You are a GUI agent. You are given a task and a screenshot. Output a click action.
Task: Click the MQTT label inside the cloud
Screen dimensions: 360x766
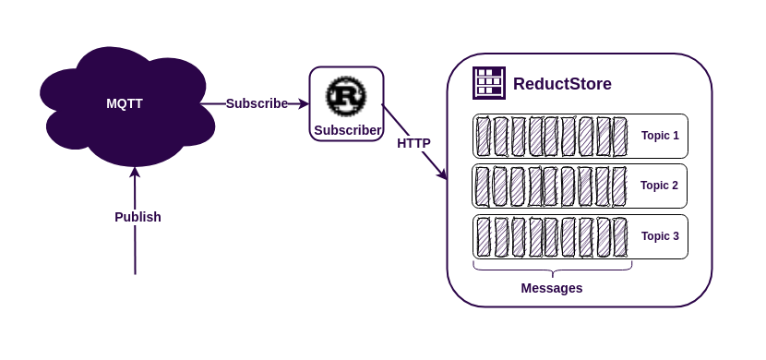pyautogui.click(x=125, y=103)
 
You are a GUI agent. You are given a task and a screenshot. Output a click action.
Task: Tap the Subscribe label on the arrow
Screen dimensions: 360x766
pyautogui.click(x=257, y=103)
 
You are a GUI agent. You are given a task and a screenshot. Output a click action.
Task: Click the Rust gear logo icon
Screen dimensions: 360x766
pyautogui.click(x=346, y=96)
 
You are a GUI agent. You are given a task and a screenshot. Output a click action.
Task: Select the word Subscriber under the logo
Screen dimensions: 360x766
pyautogui.click(x=347, y=130)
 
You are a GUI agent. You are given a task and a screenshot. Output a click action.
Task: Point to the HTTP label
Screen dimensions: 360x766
pyautogui.click(x=413, y=143)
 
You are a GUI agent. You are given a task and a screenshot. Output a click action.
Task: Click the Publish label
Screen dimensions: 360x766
pyautogui.click(x=138, y=217)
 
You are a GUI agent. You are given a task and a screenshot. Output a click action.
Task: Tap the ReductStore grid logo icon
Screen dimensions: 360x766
pyautogui.click(x=488, y=83)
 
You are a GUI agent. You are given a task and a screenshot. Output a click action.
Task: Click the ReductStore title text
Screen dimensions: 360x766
pyautogui.click(x=562, y=84)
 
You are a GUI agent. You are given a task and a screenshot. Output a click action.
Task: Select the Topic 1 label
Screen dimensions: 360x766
pyautogui.click(x=660, y=136)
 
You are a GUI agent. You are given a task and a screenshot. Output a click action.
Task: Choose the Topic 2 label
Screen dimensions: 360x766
pyautogui.click(x=659, y=186)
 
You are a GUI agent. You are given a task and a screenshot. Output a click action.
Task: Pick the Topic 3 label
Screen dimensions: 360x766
pyautogui.click(x=660, y=236)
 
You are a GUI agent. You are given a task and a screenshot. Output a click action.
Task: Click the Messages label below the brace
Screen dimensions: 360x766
pyautogui.click(x=552, y=288)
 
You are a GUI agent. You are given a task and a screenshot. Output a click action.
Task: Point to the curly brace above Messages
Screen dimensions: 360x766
pyautogui.click(x=552, y=269)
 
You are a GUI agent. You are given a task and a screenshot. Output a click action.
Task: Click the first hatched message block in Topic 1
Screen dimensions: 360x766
pyautogui.click(x=484, y=136)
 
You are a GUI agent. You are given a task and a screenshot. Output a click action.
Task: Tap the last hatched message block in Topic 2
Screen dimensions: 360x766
pyautogui.click(x=619, y=186)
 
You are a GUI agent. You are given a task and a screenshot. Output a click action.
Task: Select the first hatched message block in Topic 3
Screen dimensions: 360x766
pyautogui.click(x=484, y=236)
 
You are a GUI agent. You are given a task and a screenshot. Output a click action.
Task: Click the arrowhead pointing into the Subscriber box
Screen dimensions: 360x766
pyautogui.click(x=304, y=104)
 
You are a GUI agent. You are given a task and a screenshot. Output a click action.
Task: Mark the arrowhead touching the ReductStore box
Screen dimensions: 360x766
pyautogui.click(x=442, y=174)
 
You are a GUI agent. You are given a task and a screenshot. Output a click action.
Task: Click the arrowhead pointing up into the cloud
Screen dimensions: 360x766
pyautogui.click(x=135, y=172)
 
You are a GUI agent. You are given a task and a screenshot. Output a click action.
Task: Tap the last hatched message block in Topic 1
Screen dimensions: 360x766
pyautogui.click(x=620, y=136)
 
